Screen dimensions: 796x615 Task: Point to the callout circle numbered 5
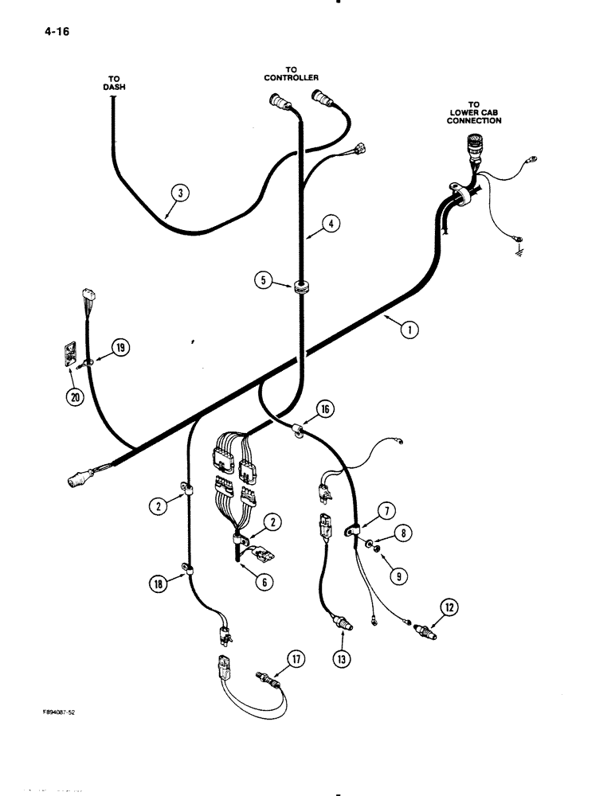263,280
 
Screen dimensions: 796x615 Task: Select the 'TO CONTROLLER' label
292,74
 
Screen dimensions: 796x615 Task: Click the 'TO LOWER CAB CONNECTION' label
474,112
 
